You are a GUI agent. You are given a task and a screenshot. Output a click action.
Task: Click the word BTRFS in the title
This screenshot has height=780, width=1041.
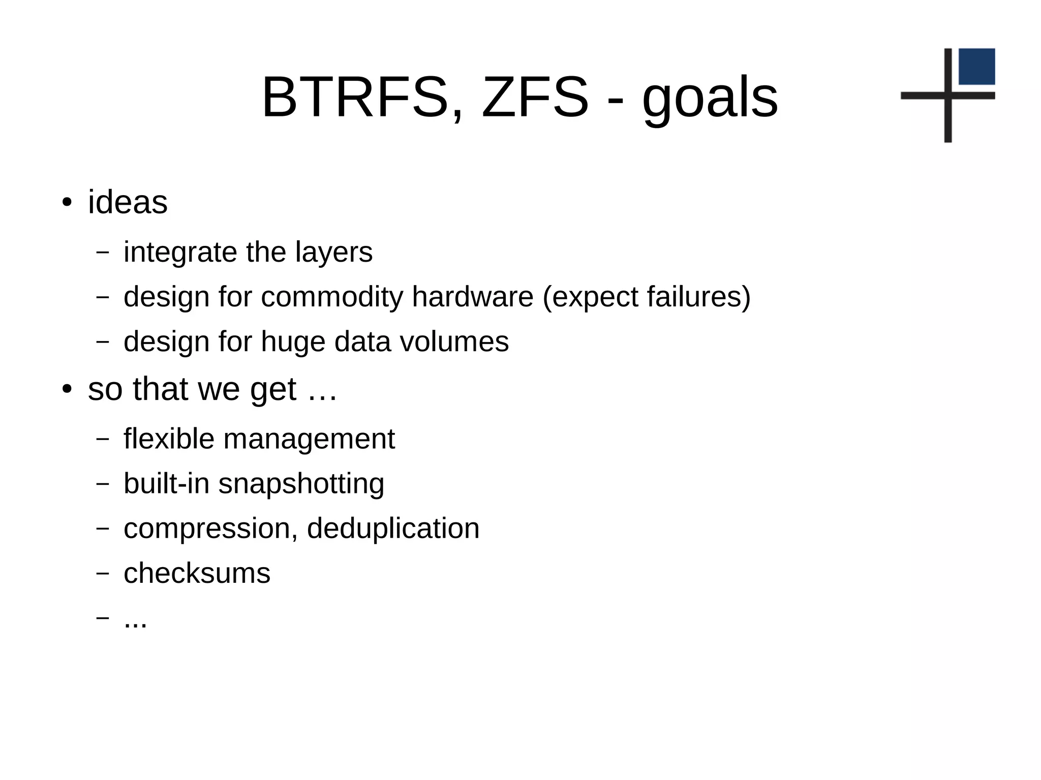click(355, 98)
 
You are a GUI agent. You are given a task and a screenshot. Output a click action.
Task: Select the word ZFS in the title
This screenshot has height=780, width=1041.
click(534, 98)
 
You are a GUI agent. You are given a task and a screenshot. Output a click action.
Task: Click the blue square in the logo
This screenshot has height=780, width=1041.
click(976, 67)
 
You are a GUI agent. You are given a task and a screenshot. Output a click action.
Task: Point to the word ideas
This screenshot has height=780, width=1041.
click(128, 202)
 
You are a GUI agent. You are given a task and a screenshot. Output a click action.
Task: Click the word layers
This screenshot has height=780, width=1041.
click(333, 253)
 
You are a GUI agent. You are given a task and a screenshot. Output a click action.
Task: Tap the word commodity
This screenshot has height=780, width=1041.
click(331, 297)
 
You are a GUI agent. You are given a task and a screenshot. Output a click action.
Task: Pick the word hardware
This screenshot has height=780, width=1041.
click(472, 297)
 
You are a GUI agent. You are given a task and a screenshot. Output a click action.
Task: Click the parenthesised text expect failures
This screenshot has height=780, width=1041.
click(646, 297)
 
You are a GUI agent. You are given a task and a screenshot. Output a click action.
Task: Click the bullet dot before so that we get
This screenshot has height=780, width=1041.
click(67, 390)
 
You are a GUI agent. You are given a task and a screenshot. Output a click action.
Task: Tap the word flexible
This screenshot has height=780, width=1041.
click(169, 439)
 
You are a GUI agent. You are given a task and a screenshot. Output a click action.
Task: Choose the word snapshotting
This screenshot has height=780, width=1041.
click(301, 484)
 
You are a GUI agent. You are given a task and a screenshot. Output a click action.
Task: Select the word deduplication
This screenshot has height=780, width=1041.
click(393, 528)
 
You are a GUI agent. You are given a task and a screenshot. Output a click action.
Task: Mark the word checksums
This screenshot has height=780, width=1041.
click(197, 574)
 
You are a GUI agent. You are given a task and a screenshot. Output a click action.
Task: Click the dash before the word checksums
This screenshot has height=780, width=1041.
click(103, 574)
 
